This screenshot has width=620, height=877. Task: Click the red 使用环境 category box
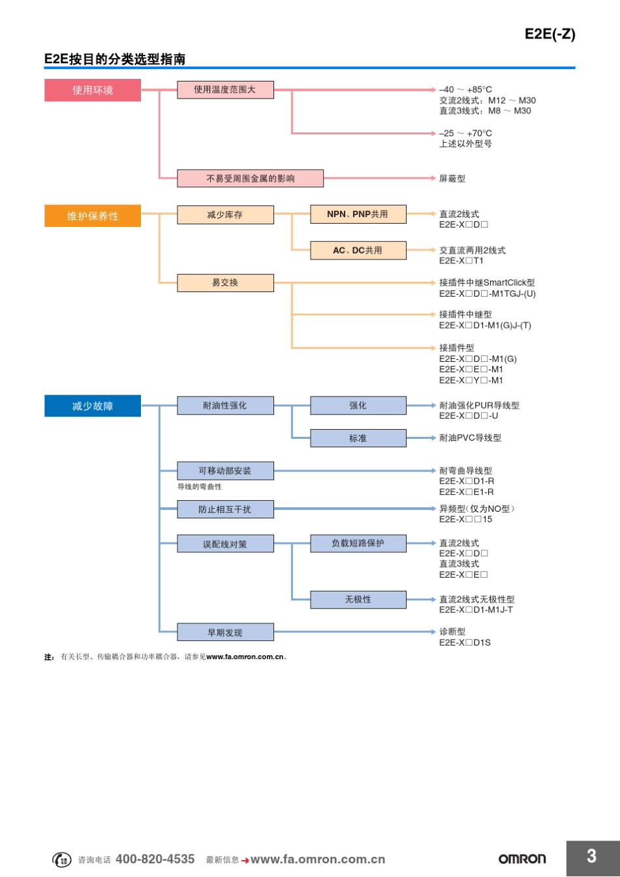coord(93,90)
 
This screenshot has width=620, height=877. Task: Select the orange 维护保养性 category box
coord(93,216)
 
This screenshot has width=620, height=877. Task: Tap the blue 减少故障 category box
coord(93,406)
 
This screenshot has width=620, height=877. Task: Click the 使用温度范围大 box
coord(225,90)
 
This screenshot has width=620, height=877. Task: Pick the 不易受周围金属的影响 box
coord(250,178)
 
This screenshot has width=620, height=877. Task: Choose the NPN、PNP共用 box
coord(358,214)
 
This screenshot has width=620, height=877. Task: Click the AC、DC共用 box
coord(358,250)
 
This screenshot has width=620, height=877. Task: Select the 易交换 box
coord(225,282)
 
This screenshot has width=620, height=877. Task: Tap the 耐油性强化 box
coord(225,406)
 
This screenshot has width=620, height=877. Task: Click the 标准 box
coord(358,438)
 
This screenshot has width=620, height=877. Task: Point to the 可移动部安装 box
coord(225,471)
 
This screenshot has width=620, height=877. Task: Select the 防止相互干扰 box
coord(225,509)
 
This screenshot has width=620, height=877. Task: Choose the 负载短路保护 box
coord(358,543)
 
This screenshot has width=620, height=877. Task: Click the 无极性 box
coord(358,599)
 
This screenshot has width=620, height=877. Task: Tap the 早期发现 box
coord(225,632)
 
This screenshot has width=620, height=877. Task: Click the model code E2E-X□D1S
coord(465,643)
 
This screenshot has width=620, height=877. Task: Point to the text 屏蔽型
coord(452,179)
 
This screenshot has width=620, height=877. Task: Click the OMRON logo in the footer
coord(522,859)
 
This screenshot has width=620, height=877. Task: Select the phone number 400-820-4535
coord(155,859)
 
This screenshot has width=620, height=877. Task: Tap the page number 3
coord(591,856)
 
